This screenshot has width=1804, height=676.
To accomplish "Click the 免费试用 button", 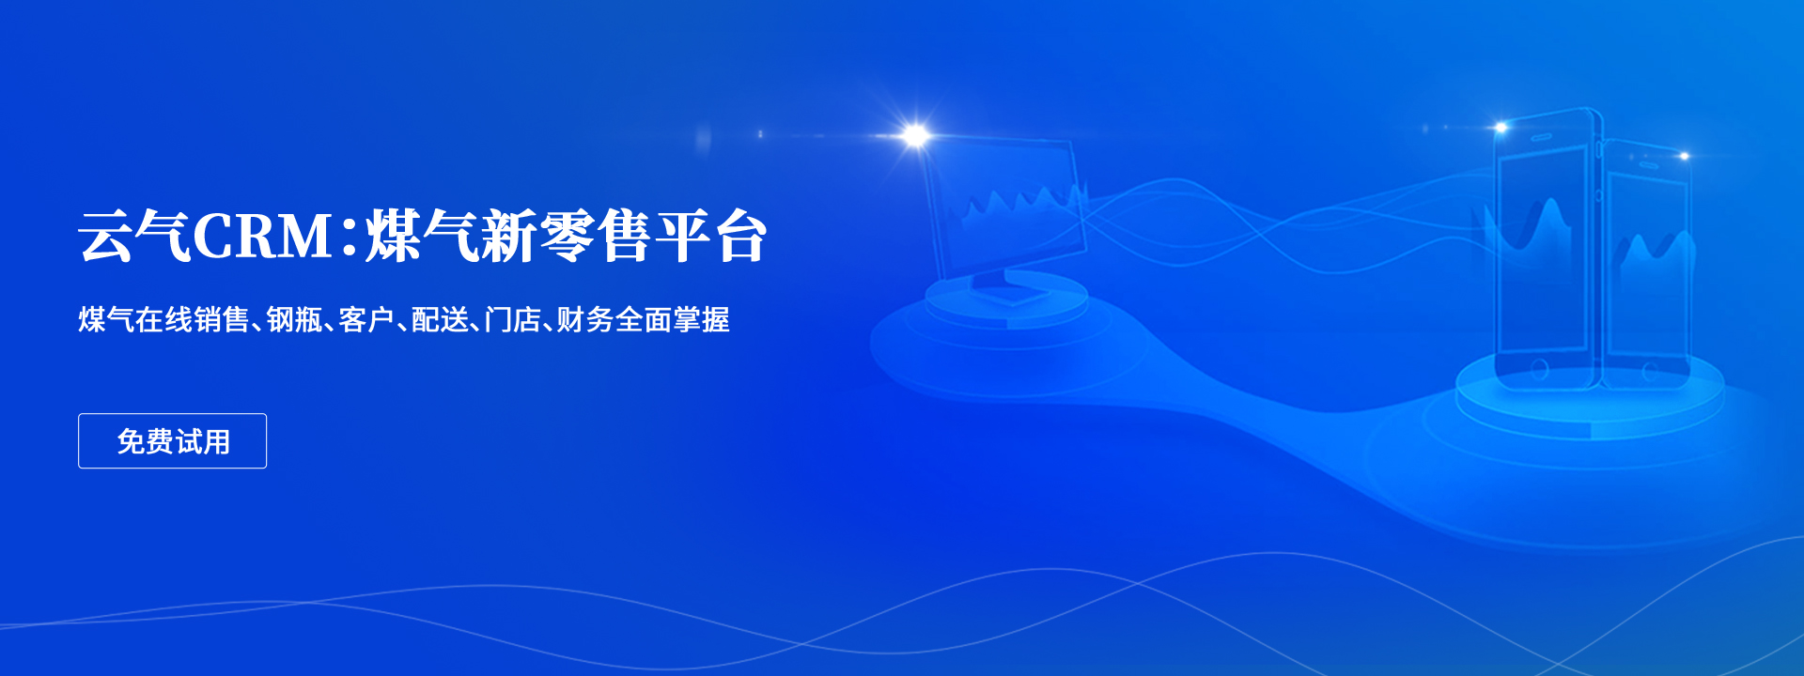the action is [x=172, y=440].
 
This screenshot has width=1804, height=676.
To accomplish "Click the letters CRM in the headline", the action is [x=263, y=237].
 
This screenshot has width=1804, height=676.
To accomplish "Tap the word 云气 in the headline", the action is [x=135, y=236].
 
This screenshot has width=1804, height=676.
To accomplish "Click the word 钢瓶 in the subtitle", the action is [x=295, y=320].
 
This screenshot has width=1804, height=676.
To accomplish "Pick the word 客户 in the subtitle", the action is [x=366, y=320].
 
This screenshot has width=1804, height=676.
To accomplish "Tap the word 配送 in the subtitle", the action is [x=440, y=320].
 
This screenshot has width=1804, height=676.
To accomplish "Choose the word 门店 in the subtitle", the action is [x=513, y=320].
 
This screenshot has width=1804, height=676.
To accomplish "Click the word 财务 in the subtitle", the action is [x=585, y=320].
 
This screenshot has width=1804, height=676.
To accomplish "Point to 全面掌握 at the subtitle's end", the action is [x=673, y=320].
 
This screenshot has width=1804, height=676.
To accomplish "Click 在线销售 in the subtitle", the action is [x=193, y=320].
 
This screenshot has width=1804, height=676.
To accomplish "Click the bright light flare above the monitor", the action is [x=914, y=136].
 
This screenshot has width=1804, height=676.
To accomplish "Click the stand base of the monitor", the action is [x=1011, y=291].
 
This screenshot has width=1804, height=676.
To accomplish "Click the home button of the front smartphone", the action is [x=1539, y=369].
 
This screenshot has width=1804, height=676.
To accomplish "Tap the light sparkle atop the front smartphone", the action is [x=1501, y=127].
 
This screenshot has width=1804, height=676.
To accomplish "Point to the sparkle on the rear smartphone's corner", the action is [x=1684, y=156].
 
